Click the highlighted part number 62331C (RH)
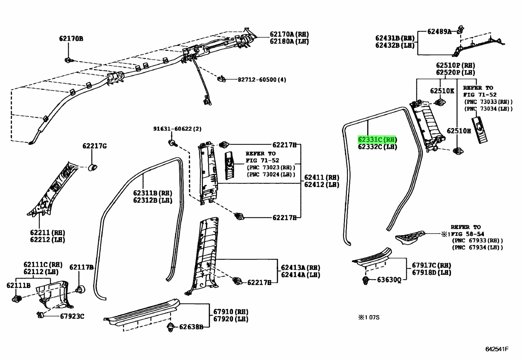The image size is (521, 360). [x=377, y=140]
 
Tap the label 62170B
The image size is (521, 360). [x=71, y=39]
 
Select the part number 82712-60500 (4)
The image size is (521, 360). [x=262, y=80]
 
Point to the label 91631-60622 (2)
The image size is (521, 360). [x=177, y=129]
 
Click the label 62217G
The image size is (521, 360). [x=94, y=146]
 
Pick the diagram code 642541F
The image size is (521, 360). [x=496, y=349]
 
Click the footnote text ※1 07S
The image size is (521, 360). [x=369, y=317]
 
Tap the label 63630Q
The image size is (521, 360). [x=389, y=280]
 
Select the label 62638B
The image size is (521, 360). [x=191, y=327]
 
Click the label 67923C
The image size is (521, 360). [x=72, y=316]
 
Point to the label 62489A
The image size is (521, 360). [x=439, y=31]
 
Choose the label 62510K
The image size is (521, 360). [x=442, y=91]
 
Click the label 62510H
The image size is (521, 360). [x=459, y=131]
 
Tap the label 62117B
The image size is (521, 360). [x=81, y=268]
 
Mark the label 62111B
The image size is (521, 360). [x=18, y=286]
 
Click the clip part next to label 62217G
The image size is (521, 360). [x=93, y=167]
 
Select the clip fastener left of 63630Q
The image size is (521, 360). [x=366, y=281]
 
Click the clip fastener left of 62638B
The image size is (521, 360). [x=170, y=327]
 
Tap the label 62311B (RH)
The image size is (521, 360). [x=153, y=193]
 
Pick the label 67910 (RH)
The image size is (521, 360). [x=231, y=312]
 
